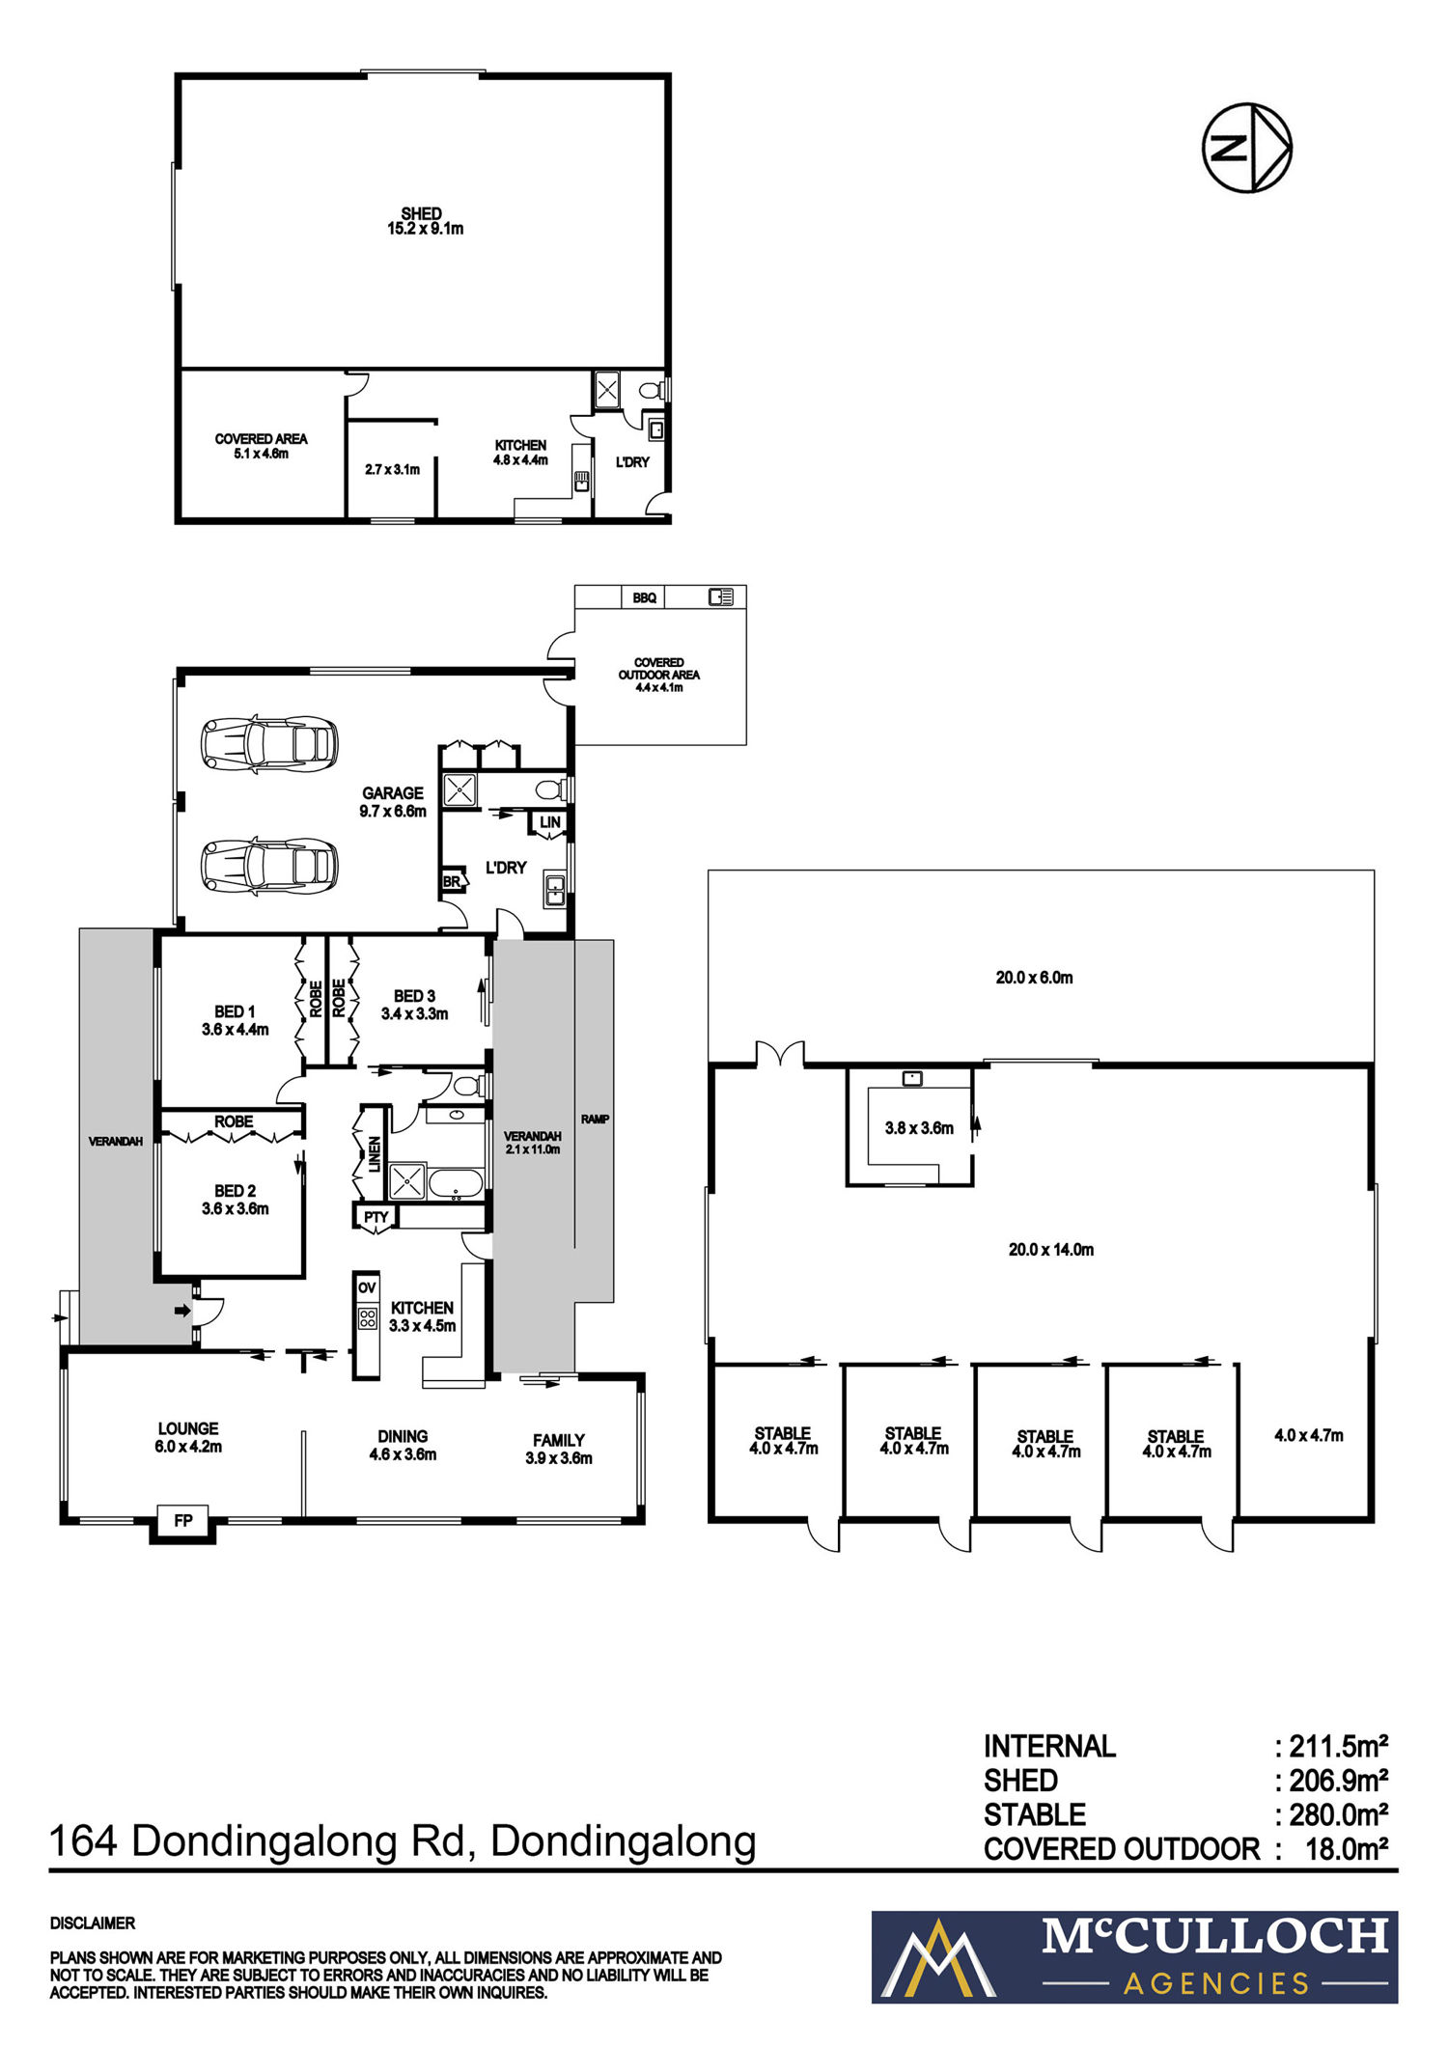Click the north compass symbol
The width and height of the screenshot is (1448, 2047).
click(x=1246, y=148)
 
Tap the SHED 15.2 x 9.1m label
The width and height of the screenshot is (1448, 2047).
click(x=422, y=221)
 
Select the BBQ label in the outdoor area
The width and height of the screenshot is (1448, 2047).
click(x=645, y=598)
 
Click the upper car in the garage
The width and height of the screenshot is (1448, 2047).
click(x=269, y=744)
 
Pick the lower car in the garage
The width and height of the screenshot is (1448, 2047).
click(x=269, y=865)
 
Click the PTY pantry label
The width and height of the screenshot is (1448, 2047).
click(x=376, y=1217)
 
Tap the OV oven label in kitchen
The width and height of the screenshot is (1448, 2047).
click(x=367, y=1287)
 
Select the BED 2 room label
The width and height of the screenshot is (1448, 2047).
click(x=236, y=1200)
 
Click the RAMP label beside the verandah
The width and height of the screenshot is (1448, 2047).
click(x=595, y=1120)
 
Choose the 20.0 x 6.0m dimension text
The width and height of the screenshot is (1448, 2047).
click(x=1035, y=978)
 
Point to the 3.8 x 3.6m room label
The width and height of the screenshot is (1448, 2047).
click(x=919, y=1128)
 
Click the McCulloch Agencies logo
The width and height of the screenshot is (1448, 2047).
click(x=1134, y=1957)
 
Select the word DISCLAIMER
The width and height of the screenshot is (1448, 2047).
click(x=93, y=1923)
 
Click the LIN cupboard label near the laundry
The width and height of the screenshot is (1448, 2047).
click(x=550, y=822)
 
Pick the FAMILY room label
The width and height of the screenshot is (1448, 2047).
click(x=559, y=1441)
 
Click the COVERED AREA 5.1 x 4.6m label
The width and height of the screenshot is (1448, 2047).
click(x=262, y=446)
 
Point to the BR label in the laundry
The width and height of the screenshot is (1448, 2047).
click(x=451, y=882)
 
